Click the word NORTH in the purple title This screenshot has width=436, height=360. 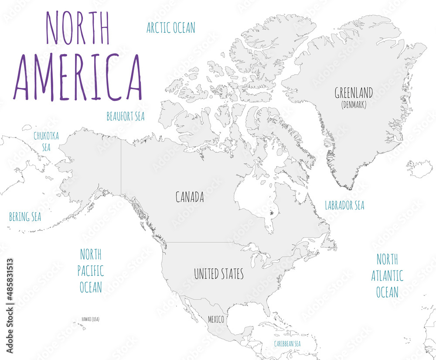click(78, 27)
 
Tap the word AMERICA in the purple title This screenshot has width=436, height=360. click(78, 78)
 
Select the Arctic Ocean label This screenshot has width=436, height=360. click(170, 28)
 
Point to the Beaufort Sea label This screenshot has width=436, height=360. click(126, 117)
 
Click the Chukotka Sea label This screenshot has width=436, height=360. click(46, 141)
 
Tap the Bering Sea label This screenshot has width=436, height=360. click(25, 217)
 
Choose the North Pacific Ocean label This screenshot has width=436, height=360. click(91, 271)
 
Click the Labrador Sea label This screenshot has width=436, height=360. click(344, 206)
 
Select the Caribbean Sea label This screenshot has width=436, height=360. click(287, 344)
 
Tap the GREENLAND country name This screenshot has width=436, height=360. click(354, 93)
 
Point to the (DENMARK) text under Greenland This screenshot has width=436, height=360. click(354, 105)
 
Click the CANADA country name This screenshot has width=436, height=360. click(190, 197)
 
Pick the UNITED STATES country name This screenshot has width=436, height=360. click(218, 274)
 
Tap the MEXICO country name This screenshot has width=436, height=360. click(216, 320)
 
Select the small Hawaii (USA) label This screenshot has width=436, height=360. click(90, 319)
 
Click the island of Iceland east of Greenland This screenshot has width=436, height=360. click(419, 168)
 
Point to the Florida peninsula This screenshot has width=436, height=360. click(266, 309)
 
